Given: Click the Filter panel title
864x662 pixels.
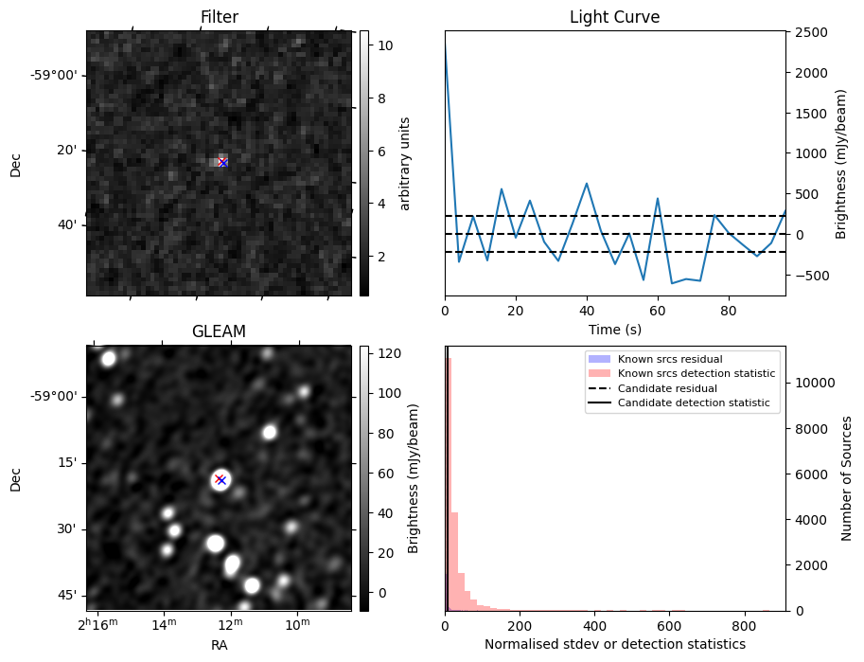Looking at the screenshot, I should pyautogui.click(x=219, y=17).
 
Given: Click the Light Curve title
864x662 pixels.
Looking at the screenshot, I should pyautogui.click(x=614, y=17).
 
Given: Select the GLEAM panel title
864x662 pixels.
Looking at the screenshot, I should pyautogui.click(x=219, y=331).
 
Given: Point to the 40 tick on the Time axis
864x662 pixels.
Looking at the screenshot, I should pyautogui.click(x=587, y=309).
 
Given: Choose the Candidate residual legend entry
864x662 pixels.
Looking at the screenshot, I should pyautogui.click(x=667, y=389).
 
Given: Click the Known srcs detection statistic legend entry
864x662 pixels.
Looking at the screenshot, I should pyautogui.click(x=696, y=374).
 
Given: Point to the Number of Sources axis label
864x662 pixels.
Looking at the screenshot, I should pyautogui.click(x=848, y=478).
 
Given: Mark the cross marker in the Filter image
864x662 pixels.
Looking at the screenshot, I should pyautogui.click(x=222, y=163).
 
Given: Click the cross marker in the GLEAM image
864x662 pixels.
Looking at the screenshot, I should pyautogui.click(x=220, y=479).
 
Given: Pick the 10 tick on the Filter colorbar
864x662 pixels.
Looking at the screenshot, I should pyautogui.click(x=386, y=45).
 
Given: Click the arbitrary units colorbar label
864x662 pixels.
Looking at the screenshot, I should pyautogui.click(x=405, y=163).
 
